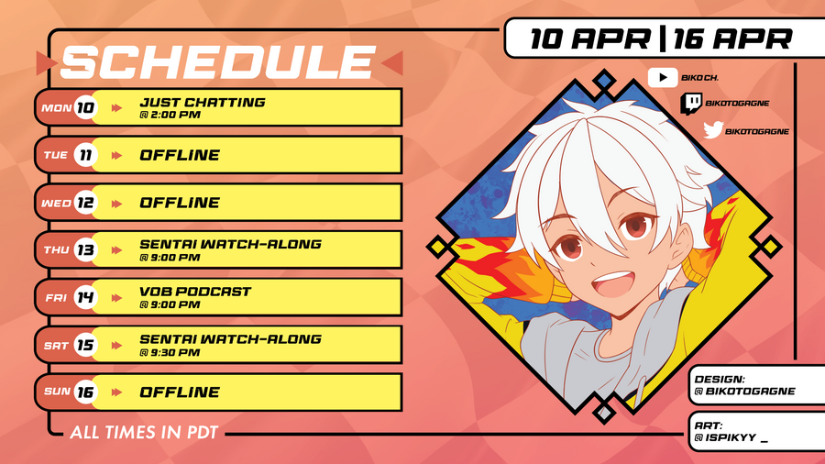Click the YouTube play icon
[x=663, y=77]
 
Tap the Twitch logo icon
[x=691, y=104]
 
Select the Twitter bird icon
[x=713, y=130]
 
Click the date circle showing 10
[x=85, y=108]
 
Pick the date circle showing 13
[x=85, y=250]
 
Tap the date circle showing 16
[x=85, y=392]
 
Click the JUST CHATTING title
[x=203, y=102]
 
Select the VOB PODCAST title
[x=195, y=292]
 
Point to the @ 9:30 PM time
[x=170, y=352]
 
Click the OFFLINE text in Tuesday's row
[x=180, y=155]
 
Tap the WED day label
[x=56, y=203]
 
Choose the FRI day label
[x=56, y=298]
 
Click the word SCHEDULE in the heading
[x=218, y=62]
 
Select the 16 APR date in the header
[x=732, y=39]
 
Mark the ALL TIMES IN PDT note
[x=144, y=433]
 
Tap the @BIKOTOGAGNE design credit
[x=744, y=392]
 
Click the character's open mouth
[x=612, y=284]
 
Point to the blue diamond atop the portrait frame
[x=604, y=81]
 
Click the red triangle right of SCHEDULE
[x=392, y=63]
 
